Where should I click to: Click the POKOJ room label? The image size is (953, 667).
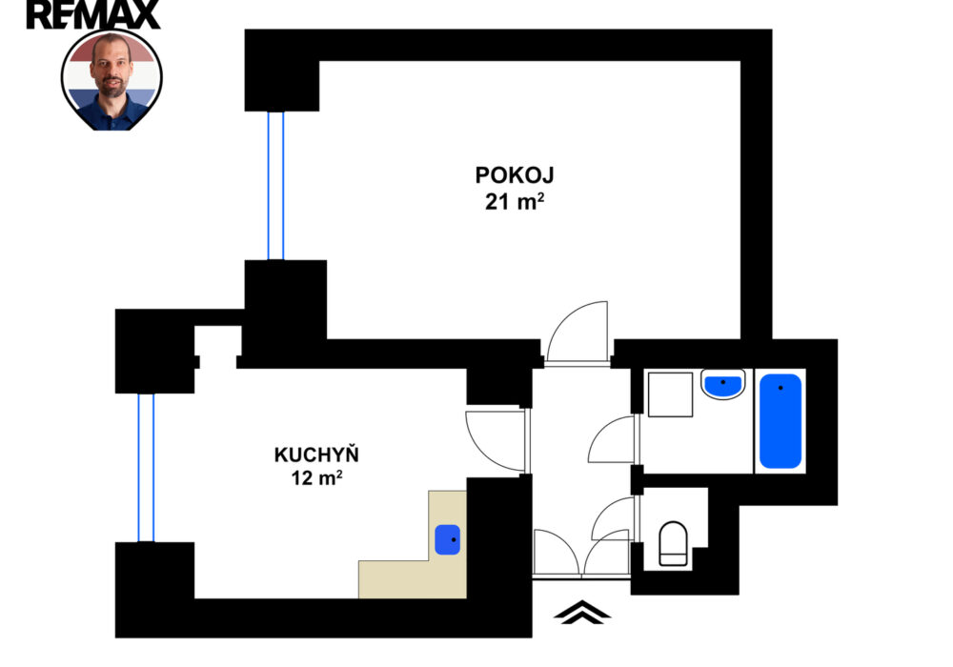click(x=515, y=175)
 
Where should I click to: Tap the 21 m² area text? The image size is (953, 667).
click(x=515, y=201)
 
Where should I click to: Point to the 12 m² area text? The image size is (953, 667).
click(x=316, y=478)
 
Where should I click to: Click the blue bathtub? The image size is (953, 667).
click(x=781, y=421)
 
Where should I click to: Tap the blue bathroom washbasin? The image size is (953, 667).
click(x=723, y=386)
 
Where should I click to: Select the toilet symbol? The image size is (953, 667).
click(x=674, y=543)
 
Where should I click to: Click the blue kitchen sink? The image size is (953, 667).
click(x=447, y=540)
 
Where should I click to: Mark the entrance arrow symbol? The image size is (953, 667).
click(x=581, y=613)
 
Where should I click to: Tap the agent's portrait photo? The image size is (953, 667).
click(x=112, y=80)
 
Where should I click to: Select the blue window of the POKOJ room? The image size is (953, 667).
click(x=276, y=185)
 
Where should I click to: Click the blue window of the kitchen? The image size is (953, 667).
click(x=146, y=468)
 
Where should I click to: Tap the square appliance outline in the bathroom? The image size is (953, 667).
click(x=670, y=394)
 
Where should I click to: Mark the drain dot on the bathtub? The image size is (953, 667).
click(x=781, y=388)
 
